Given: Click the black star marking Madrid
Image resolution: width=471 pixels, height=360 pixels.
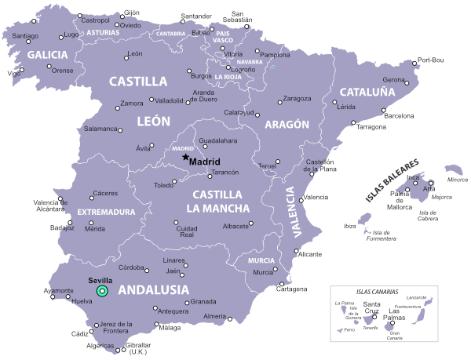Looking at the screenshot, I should tap(186, 158).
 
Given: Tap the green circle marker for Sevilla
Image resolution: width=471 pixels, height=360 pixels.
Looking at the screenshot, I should tap(101, 291).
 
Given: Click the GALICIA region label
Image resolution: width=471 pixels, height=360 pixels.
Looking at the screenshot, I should tap(48, 55).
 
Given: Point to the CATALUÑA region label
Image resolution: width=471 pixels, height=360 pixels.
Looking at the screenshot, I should tap(367, 92).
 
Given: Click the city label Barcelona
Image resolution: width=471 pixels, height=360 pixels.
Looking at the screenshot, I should tap(398, 116).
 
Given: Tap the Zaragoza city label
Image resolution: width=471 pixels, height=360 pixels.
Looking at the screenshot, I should tap(297, 99).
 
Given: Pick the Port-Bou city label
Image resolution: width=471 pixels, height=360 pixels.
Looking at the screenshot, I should tap(431, 60).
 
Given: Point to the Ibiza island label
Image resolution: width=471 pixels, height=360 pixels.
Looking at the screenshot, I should tap(350, 227).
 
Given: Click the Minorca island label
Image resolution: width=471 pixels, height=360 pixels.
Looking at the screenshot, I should tap(458, 180).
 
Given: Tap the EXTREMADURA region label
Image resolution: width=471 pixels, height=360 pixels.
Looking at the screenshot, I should tap(105, 212).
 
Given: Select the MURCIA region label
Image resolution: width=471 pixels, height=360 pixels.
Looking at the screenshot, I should tap(261, 260).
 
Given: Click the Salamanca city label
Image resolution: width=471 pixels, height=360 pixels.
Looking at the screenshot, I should tap(100, 129).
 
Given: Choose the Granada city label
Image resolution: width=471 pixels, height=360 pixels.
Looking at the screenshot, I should tap(203, 301).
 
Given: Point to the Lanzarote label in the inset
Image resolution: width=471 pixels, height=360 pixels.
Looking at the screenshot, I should tap(417, 298).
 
